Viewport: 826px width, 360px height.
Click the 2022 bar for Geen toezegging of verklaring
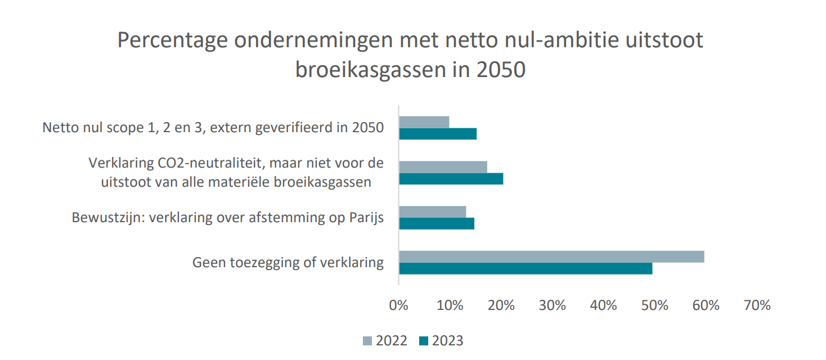[551, 256]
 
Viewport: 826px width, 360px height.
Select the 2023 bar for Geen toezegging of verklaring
[526, 268]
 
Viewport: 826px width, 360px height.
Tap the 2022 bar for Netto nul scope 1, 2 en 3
[424, 121]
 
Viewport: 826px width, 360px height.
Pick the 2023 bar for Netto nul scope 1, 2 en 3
[438, 133]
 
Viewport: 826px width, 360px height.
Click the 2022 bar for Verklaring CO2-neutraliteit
[443, 166]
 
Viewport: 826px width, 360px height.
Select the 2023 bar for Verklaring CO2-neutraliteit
[451, 179]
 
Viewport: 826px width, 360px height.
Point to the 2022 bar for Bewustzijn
[432, 211]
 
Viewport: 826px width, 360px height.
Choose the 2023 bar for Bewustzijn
[437, 223]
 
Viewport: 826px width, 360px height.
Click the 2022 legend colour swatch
[368, 341]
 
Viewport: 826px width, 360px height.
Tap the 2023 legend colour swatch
[424, 341]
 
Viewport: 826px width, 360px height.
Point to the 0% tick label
[398, 305]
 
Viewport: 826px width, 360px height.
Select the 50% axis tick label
[655, 305]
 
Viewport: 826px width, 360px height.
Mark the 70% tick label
[757, 305]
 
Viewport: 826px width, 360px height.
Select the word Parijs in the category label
[365, 218]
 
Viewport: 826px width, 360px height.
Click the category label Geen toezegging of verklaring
[288, 263]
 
